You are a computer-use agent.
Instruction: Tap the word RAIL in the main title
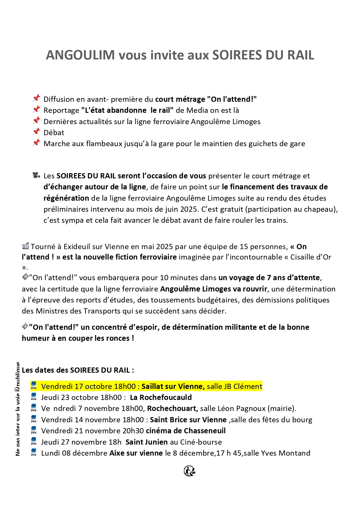tap(301, 55)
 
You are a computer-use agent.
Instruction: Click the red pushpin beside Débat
tap(36, 132)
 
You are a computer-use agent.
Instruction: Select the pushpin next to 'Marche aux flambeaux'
tap(36, 143)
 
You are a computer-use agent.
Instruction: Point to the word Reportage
tap(61, 111)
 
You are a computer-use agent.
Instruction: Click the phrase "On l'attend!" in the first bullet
tap(232, 99)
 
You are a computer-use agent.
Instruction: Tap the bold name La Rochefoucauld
tap(161, 397)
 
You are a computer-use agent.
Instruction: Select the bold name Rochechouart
tap(172, 409)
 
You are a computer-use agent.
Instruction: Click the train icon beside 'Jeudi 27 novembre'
tap(34, 441)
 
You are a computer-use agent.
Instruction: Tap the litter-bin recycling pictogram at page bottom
tap(189, 471)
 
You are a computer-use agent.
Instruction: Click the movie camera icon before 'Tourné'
tap(26, 246)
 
